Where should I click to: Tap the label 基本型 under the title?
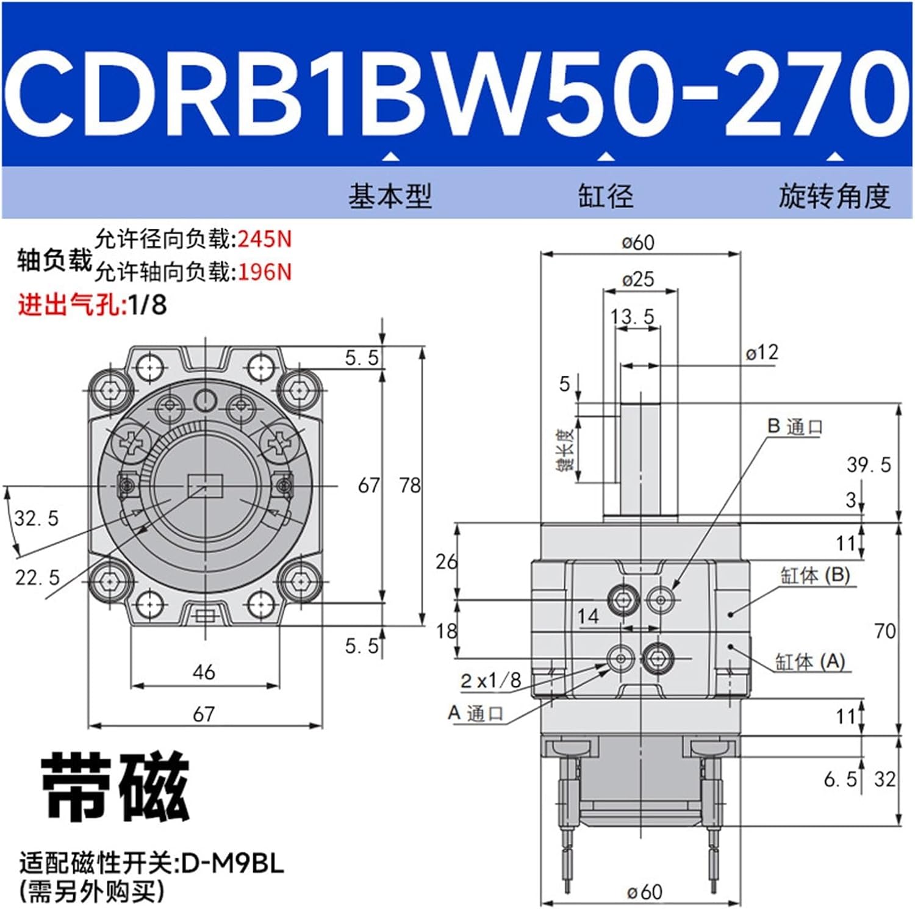(390, 196)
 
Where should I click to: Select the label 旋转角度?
(834, 196)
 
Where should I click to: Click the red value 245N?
(265, 239)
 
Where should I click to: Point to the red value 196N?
(265, 271)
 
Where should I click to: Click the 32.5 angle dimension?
(37, 519)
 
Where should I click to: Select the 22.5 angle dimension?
(37, 577)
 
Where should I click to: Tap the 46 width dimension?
(204, 672)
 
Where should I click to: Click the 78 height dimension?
(410, 486)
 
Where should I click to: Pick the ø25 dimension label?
(638, 279)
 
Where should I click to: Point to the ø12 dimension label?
(762, 352)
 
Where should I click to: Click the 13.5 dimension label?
(632, 317)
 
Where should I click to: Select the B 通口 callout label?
(795, 426)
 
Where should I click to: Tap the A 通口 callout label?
(476, 713)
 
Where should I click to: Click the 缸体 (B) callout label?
(815, 575)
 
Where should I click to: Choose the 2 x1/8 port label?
(491, 680)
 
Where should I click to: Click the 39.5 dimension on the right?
(869, 465)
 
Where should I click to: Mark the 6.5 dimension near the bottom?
(840, 779)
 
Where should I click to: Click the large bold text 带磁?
(115, 787)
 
